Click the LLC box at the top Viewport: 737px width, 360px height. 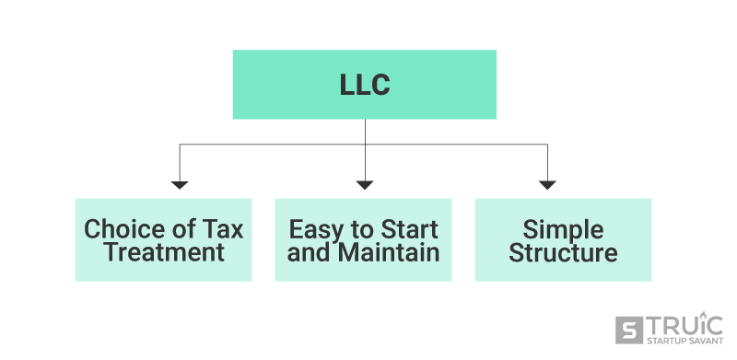(x=364, y=85)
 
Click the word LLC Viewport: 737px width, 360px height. (x=364, y=86)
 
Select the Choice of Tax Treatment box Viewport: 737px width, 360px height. (x=163, y=239)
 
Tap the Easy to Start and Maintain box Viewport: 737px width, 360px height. (x=363, y=239)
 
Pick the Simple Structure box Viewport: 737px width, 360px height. (x=563, y=239)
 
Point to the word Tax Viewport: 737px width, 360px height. (x=224, y=229)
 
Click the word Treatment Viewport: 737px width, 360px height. (x=164, y=252)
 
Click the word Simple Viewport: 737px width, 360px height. (x=563, y=229)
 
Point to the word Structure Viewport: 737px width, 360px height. (x=563, y=252)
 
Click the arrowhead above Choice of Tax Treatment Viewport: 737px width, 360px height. (x=180, y=185)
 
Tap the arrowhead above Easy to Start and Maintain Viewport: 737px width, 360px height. (x=365, y=185)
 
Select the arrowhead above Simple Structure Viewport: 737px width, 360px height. (x=547, y=185)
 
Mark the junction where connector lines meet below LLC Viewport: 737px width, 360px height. (x=365, y=145)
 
